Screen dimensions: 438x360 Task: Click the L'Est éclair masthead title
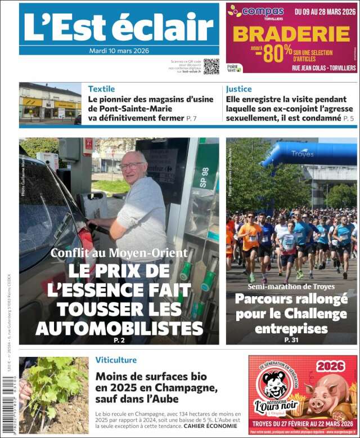pos(119,26)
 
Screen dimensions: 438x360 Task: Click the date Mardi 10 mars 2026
pos(119,51)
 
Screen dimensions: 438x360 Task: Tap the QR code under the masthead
pos(211,66)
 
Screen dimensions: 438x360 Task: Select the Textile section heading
pos(101,89)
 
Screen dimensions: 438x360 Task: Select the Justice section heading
pos(238,89)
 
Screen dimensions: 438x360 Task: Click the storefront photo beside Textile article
pos(50,103)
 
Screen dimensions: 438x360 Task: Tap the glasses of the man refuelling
pos(131,166)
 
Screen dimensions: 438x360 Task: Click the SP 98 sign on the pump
pos(205,176)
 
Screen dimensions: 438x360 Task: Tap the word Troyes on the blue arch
pos(303,153)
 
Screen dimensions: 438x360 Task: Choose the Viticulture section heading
pos(116,360)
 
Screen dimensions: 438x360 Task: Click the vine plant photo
pos(53,395)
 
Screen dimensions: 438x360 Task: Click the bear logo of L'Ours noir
pos(274,386)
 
